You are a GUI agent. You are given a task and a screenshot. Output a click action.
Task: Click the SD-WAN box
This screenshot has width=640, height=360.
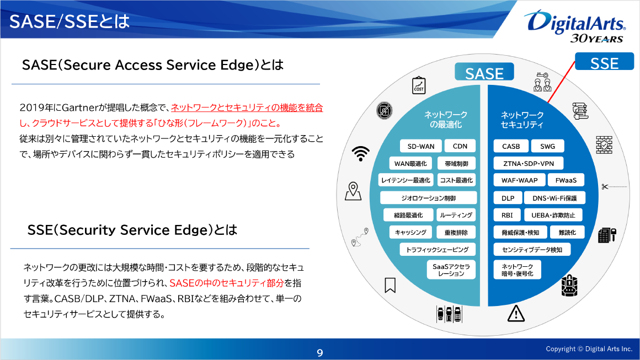(421, 147)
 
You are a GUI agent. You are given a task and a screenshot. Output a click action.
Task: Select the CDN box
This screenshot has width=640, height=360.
(460, 147)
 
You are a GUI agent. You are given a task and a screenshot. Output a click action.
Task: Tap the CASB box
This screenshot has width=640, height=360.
(510, 147)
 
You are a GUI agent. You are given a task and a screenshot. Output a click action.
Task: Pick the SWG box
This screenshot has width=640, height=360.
(547, 147)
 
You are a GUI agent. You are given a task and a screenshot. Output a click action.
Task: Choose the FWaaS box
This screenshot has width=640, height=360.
(566, 180)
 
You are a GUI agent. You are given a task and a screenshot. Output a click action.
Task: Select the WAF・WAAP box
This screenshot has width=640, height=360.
(519, 180)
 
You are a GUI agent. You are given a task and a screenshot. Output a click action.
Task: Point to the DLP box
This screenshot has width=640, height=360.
(508, 198)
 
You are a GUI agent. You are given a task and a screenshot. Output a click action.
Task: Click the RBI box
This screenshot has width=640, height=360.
(507, 216)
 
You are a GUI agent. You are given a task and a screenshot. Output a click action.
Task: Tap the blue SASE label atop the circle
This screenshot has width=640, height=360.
(484, 73)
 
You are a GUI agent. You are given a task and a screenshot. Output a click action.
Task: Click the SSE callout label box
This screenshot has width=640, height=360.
(604, 63)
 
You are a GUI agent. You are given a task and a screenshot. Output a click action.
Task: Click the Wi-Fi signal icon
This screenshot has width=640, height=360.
(361, 153)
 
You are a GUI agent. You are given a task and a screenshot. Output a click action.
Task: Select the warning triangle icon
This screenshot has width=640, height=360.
(515, 314)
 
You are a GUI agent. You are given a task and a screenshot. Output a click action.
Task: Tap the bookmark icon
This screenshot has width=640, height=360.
(390, 285)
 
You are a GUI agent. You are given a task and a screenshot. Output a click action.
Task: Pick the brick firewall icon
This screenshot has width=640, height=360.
(604, 144)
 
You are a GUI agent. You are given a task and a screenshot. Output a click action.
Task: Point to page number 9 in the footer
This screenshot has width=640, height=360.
(319, 353)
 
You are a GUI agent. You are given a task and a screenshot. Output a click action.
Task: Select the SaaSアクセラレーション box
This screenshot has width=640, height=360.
(451, 270)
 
